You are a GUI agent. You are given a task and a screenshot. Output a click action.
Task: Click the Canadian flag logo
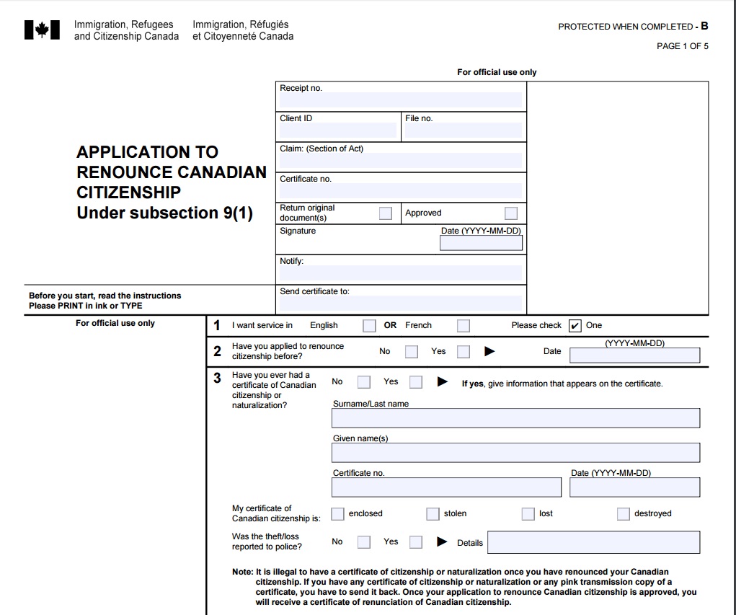tap(42, 30)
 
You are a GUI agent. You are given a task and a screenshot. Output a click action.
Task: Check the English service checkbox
tap(369, 326)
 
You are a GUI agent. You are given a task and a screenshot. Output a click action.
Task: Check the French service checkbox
tap(464, 326)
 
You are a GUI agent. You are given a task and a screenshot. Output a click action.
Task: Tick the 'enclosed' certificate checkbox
tap(337, 514)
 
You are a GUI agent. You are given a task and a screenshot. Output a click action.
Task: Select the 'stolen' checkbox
tap(433, 514)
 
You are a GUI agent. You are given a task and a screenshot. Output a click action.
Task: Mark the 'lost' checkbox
tap(528, 514)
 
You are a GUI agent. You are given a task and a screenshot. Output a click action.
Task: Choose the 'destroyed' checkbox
tap(623, 514)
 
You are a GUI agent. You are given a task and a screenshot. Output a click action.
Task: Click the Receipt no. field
tap(400, 100)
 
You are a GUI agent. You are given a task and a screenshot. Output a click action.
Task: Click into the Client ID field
tap(337, 130)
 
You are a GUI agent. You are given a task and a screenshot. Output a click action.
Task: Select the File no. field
tap(463, 130)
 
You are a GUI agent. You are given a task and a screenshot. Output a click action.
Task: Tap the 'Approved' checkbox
tap(511, 213)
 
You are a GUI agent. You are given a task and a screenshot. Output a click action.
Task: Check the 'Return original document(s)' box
tap(386, 213)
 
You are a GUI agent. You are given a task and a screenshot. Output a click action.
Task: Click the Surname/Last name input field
tap(515, 418)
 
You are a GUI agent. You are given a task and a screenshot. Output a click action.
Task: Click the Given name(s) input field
tap(515, 453)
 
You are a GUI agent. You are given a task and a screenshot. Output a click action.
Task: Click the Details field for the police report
tap(593, 542)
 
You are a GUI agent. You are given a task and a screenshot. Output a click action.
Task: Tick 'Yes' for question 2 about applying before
tap(464, 352)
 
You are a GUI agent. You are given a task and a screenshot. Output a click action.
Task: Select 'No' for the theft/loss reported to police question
tap(364, 542)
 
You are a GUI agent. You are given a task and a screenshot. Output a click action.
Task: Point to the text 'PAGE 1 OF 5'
tap(682, 46)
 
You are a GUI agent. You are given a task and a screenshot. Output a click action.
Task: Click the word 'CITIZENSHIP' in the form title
tap(128, 193)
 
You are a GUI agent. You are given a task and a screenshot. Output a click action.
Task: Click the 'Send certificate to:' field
tap(400, 304)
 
